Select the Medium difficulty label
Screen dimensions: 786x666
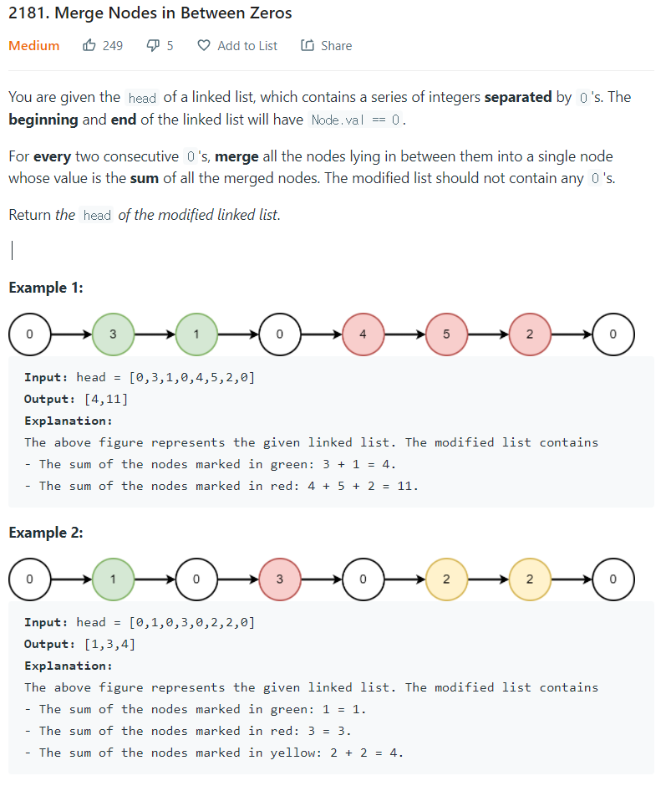(34, 46)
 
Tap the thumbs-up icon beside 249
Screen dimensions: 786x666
(89, 46)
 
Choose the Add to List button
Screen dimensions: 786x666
(238, 46)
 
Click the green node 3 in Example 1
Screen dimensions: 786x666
(113, 334)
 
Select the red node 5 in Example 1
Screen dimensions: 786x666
(446, 334)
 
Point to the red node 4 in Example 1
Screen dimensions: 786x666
(363, 334)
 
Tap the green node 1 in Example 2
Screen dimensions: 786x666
(113, 579)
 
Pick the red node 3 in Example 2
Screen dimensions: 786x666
(279, 579)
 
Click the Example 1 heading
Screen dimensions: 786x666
(45, 288)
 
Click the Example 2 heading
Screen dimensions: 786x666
(45, 533)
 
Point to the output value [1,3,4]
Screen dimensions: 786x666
(109, 644)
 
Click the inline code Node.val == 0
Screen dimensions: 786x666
(356, 120)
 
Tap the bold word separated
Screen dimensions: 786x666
(518, 97)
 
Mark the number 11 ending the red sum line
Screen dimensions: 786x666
(407, 486)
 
